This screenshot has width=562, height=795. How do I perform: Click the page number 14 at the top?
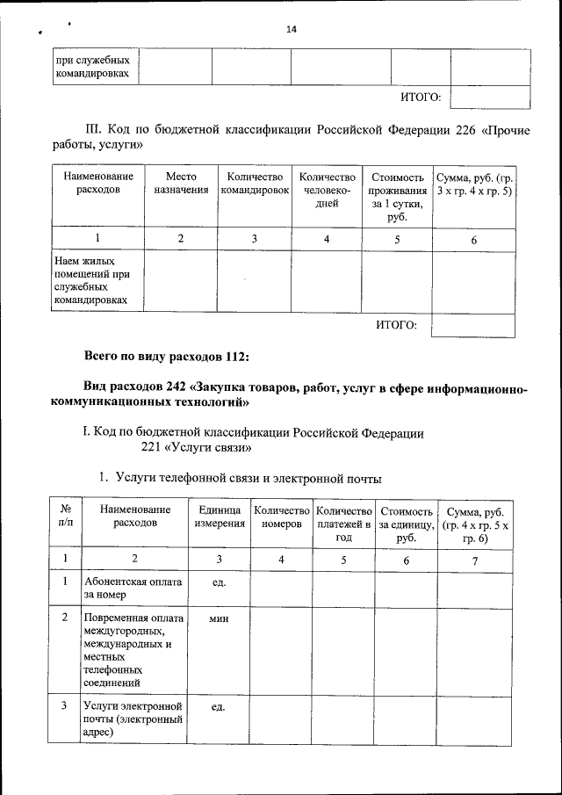pyautogui.click(x=292, y=29)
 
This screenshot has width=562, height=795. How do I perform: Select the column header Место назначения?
pyautogui.click(x=181, y=183)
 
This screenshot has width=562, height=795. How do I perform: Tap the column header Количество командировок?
pyautogui.click(x=255, y=183)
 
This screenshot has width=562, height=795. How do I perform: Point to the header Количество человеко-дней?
pyautogui.click(x=327, y=189)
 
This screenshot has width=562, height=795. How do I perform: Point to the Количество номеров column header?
pyautogui.click(x=281, y=517)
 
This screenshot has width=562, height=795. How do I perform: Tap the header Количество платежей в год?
pyautogui.click(x=343, y=524)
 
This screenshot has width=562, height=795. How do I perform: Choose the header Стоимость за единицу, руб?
pyautogui.click(x=406, y=524)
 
